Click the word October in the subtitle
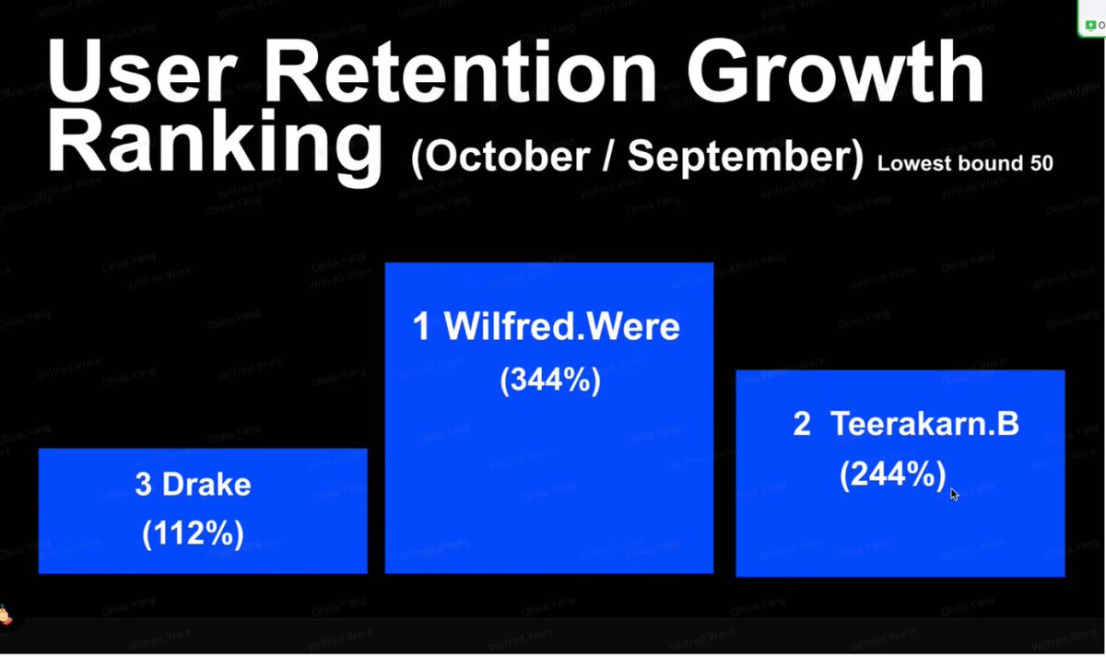(516, 158)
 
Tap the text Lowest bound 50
(965, 164)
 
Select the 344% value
(550, 379)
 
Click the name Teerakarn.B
(924, 425)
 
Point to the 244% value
(892, 475)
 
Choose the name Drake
(206, 485)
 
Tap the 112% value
(193, 534)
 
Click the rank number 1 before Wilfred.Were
(422, 327)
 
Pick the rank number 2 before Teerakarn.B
(802, 425)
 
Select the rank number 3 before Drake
(143, 485)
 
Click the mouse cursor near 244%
(954, 494)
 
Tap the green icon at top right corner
(1091, 24)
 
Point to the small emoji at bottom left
(6, 612)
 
